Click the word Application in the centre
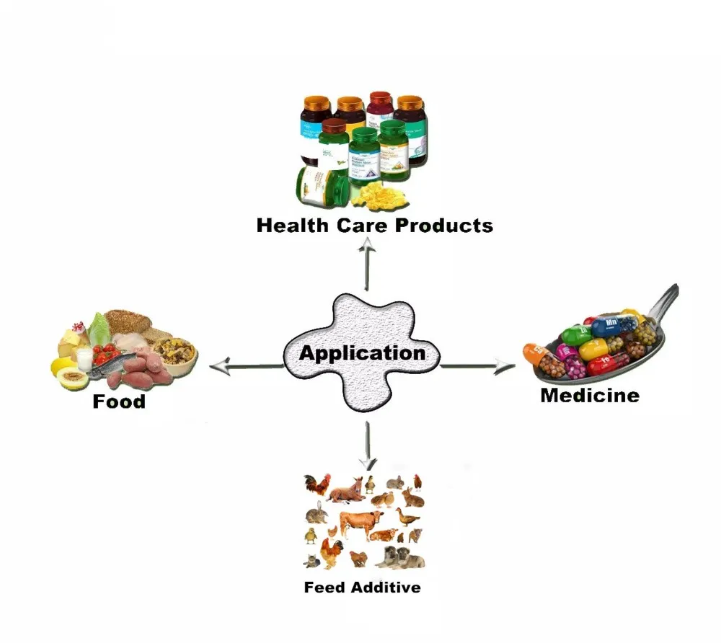362,353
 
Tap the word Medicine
589,395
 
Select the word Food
119,401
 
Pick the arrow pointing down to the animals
368,443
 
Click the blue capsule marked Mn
612,323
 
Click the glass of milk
84,358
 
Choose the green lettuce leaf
99,328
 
